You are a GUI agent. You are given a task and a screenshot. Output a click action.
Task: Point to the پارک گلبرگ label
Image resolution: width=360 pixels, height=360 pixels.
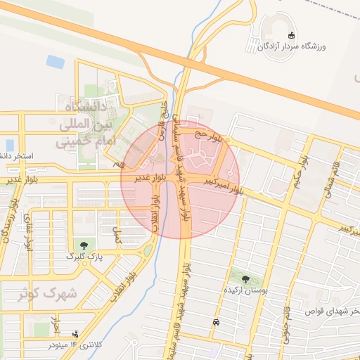click(84, 257)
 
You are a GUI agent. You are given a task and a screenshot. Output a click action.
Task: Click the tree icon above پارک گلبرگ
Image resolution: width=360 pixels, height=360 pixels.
click(84, 245)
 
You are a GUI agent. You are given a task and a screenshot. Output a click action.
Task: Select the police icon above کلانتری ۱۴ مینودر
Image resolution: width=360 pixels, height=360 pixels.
click(75, 334)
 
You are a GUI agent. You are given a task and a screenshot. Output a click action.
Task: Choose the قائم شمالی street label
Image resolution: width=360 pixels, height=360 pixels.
click(330, 172)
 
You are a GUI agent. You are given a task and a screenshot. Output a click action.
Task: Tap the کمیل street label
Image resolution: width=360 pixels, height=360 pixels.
click(117, 235)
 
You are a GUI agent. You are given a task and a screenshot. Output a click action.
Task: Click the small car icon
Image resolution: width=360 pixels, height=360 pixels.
click(215, 323)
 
